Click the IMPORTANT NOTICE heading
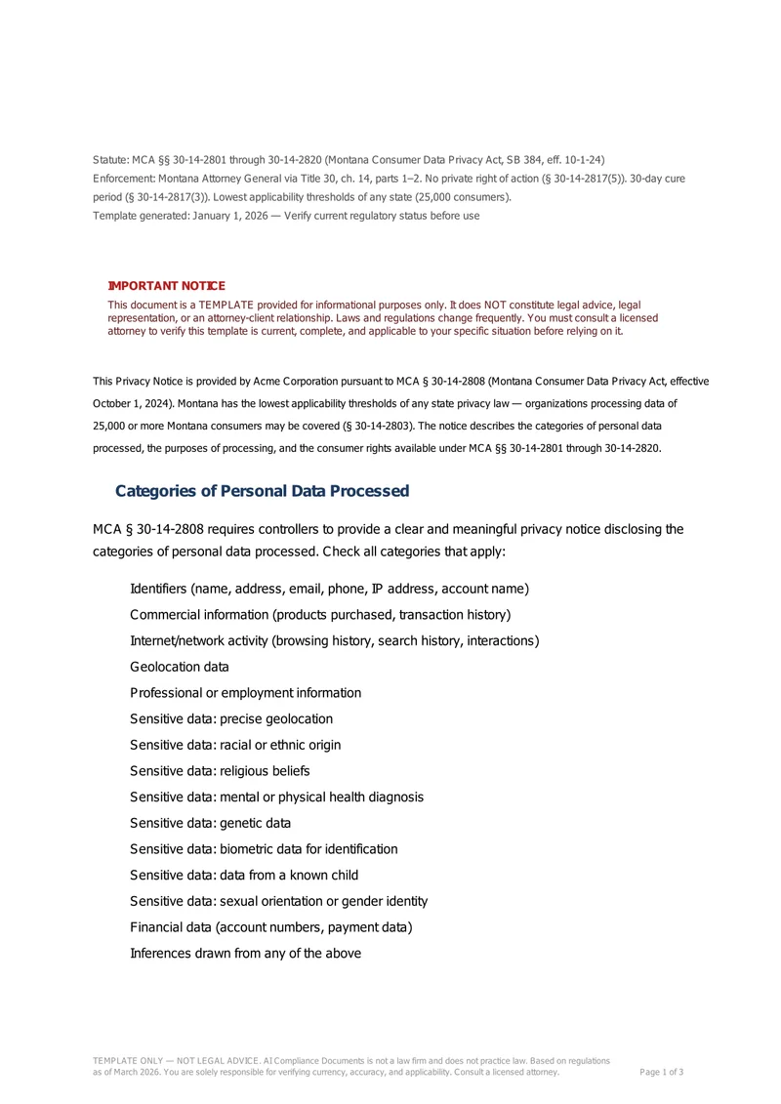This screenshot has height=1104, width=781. [x=166, y=286]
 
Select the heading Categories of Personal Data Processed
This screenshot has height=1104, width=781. [x=262, y=491]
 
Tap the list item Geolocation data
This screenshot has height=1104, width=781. [x=180, y=667]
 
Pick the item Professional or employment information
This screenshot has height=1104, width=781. [x=245, y=693]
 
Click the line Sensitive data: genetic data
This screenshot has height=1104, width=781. [x=210, y=823]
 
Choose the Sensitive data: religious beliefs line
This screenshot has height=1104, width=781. [x=220, y=771]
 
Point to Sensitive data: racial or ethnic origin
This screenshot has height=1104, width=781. [x=235, y=745]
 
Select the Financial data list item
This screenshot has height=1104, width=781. [x=270, y=927]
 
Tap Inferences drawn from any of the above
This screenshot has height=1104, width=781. [x=245, y=953]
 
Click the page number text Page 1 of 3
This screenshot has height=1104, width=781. [x=661, y=1072]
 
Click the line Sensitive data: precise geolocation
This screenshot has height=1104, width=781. [x=231, y=719]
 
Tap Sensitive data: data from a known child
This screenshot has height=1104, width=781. [x=244, y=875]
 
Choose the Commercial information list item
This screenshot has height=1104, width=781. [x=320, y=615]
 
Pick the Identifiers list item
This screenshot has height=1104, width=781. [x=329, y=589]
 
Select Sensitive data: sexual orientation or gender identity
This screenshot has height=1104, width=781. [x=278, y=901]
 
